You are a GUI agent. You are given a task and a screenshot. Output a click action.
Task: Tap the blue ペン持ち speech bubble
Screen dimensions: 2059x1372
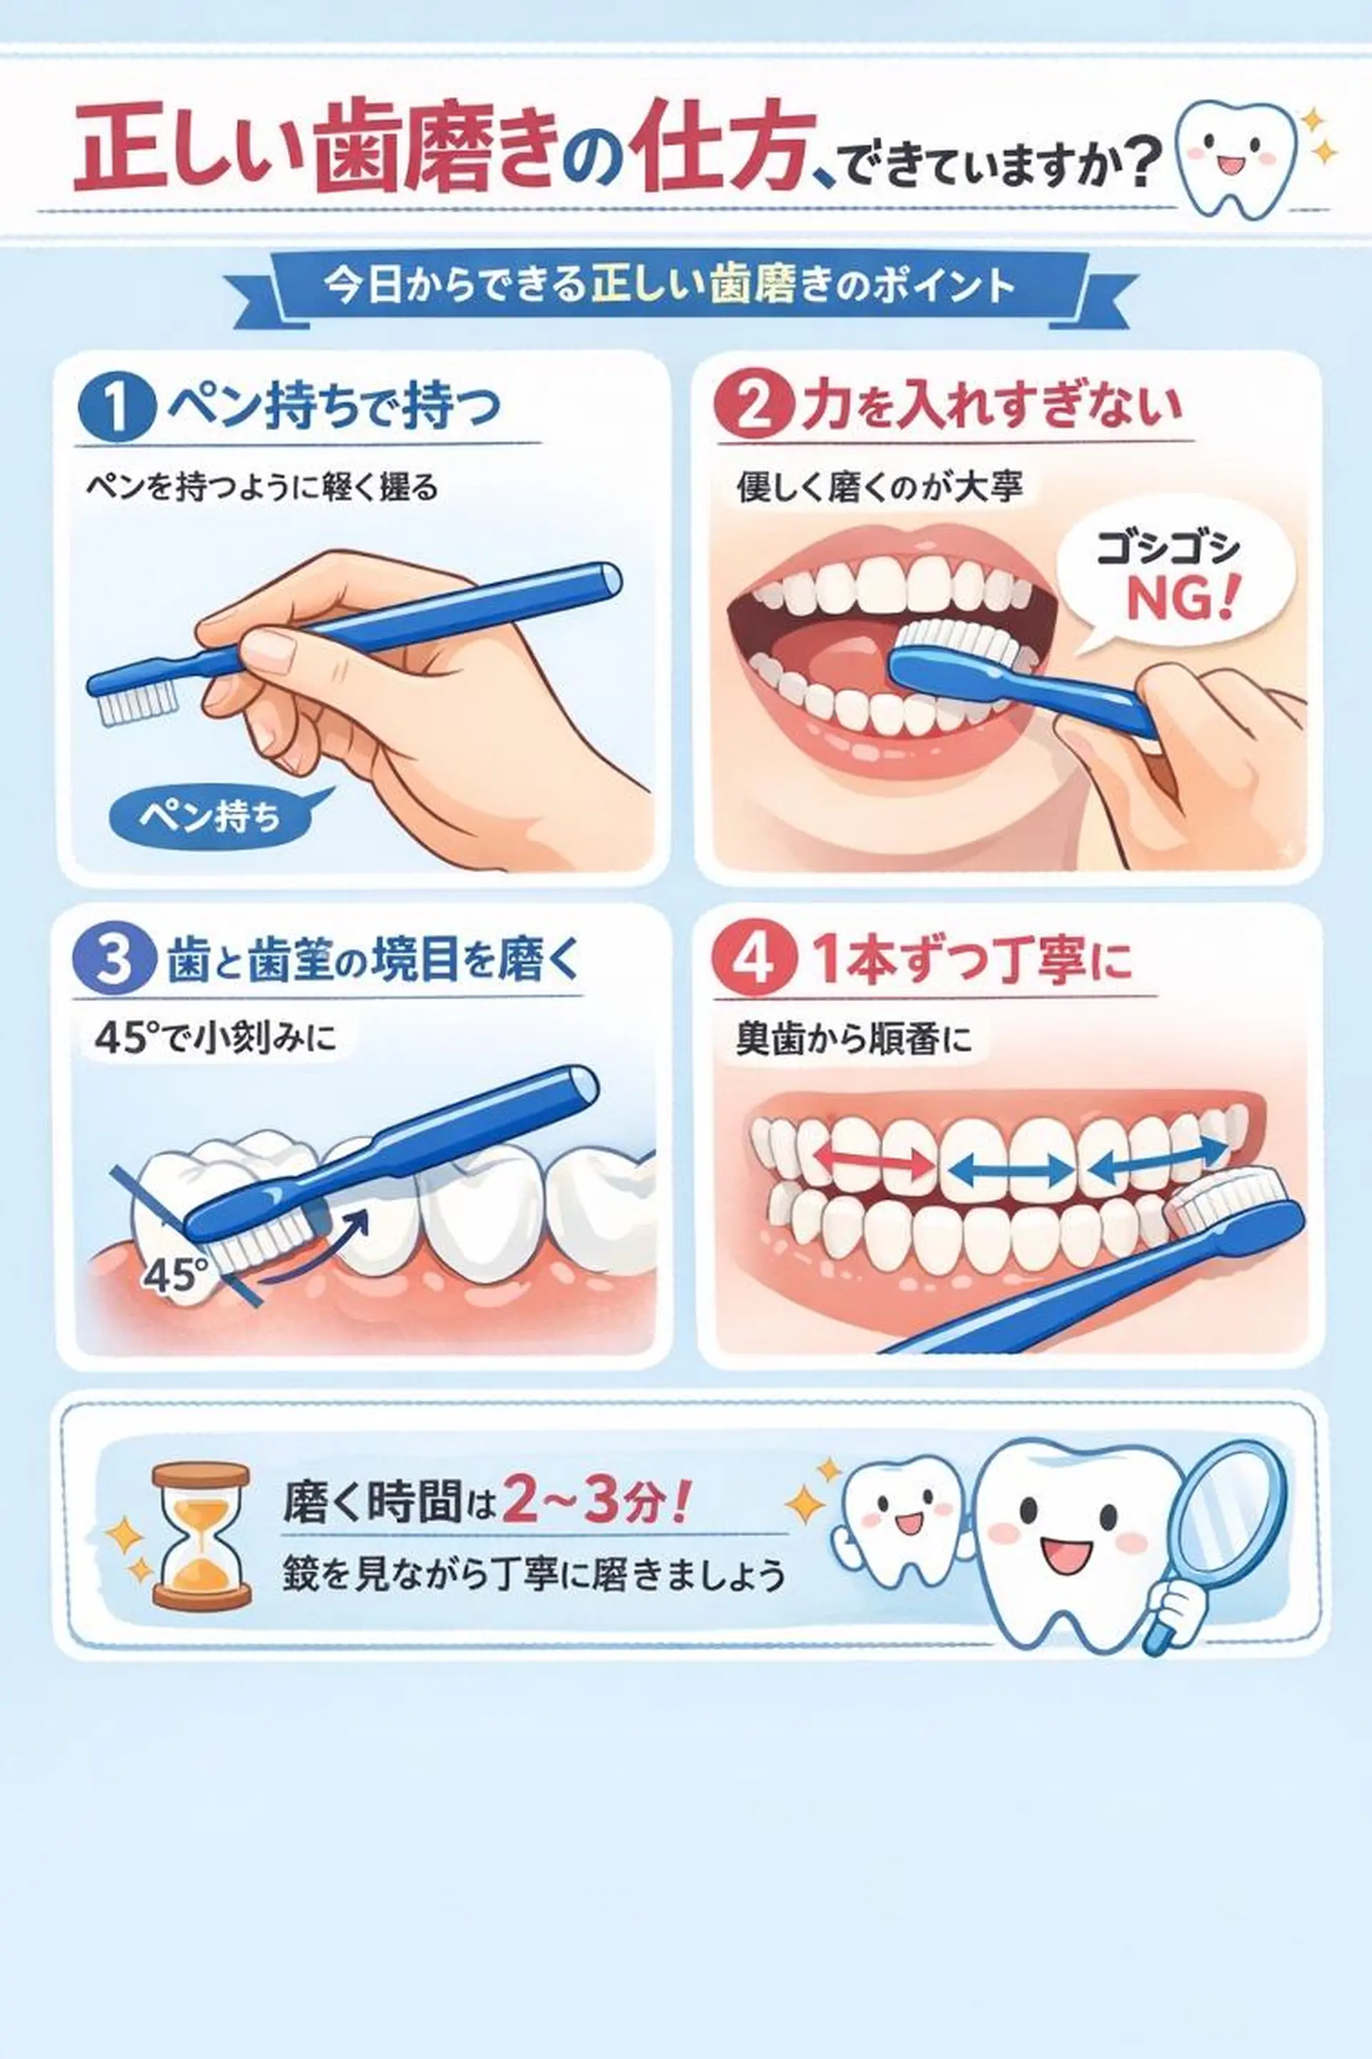click(210, 815)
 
